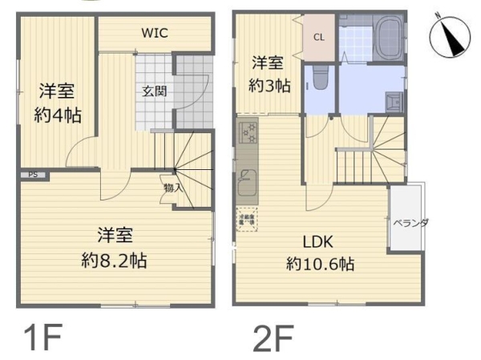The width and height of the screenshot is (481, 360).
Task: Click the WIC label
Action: (x=155, y=33)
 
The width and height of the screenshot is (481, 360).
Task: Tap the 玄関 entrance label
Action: (x=155, y=91)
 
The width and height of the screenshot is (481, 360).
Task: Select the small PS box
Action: (x=33, y=174)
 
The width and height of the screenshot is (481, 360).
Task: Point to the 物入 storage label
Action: (x=172, y=188)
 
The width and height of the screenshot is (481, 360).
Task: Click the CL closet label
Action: (x=318, y=38)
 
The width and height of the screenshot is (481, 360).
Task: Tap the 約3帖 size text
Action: (x=269, y=86)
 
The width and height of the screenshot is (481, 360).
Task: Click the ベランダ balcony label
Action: (x=411, y=222)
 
